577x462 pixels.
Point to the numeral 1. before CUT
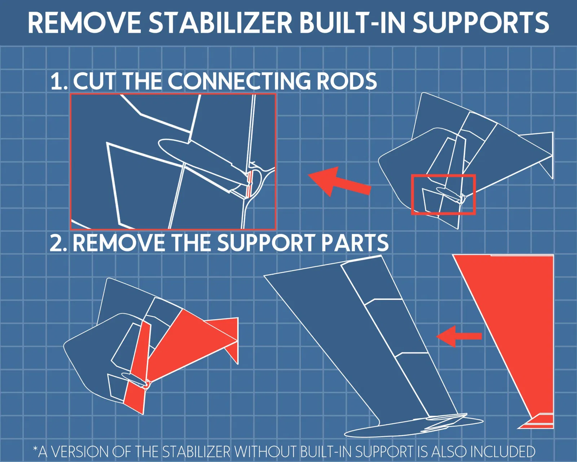59,81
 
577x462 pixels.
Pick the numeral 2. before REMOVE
58,243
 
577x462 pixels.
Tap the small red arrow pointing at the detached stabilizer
459,336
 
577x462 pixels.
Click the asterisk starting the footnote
35,449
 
